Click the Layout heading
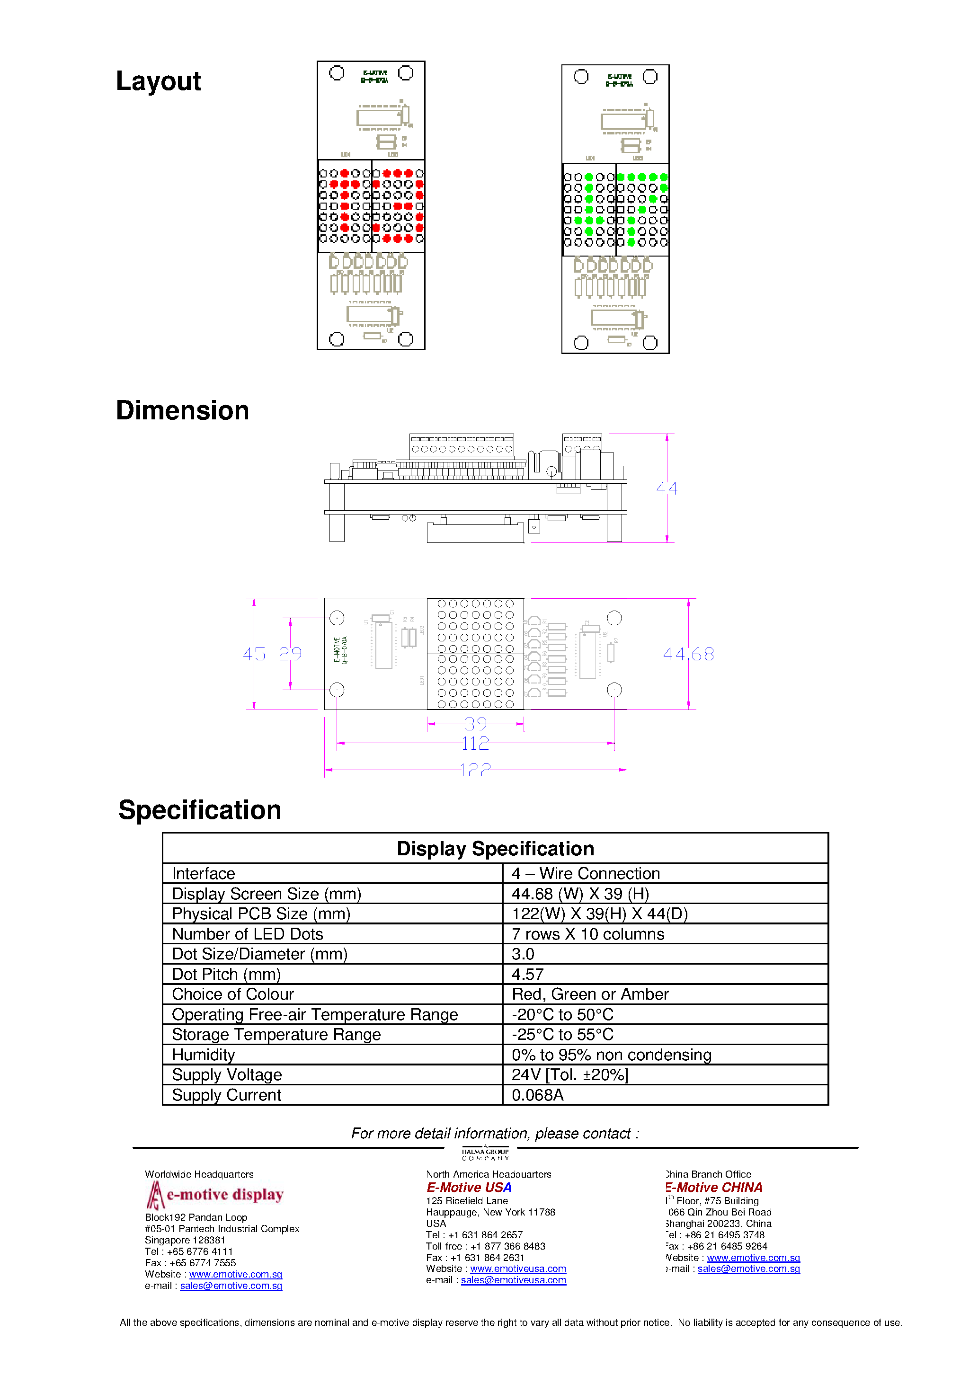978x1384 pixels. [x=158, y=81]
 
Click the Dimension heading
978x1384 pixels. [x=182, y=410]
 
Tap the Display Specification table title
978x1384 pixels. [x=495, y=848]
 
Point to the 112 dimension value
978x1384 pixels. [x=475, y=743]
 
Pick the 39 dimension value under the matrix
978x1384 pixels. [x=475, y=723]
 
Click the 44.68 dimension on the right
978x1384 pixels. [x=688, y=654]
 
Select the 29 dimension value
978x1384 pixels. [x=290, y=654]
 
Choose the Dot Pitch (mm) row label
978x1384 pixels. [x=226, y=974]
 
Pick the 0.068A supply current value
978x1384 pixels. [x=537, y=1095]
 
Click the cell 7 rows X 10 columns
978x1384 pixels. [x=588, y=934]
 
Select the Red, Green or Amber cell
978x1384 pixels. [x=590, y=994]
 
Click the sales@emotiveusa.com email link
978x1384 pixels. [x=513, y=1280]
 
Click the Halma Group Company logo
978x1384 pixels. [x=485, y=1153]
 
